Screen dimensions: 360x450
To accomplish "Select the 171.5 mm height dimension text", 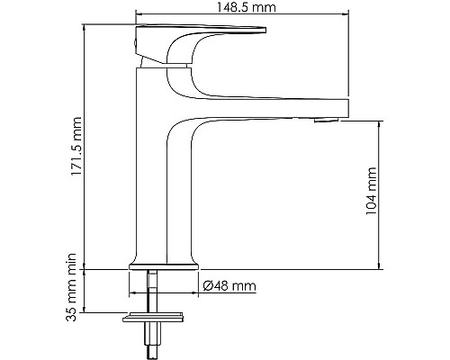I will pos(76,148).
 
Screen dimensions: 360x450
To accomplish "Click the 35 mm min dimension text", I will pos(76,309).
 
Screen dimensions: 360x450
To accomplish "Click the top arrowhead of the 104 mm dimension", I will pos(379,125).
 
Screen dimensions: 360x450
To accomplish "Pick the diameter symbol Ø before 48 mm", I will pos(208,286).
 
